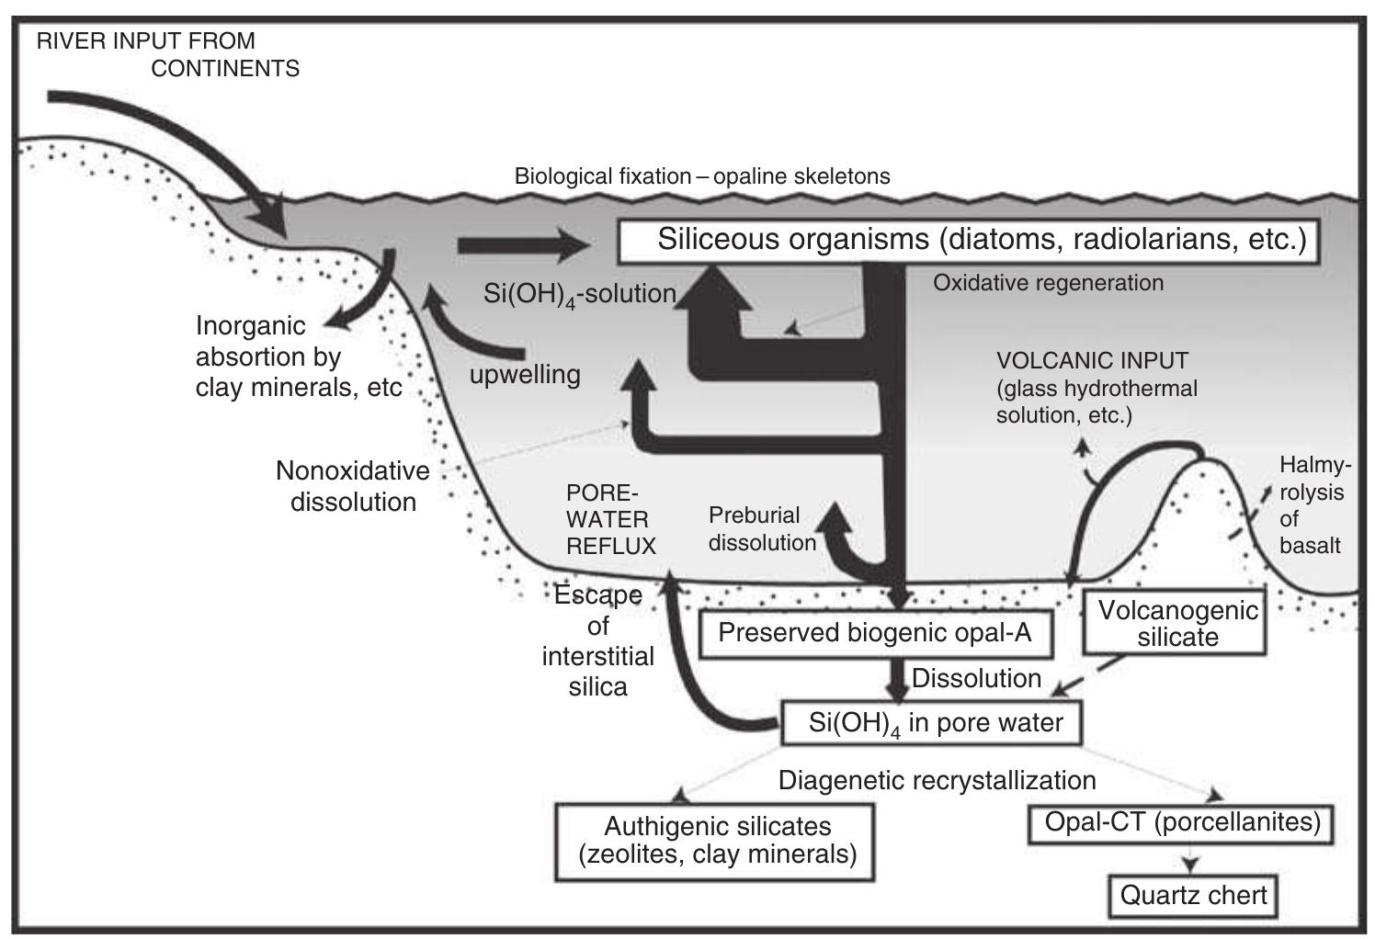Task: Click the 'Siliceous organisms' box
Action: [x=969, y=241]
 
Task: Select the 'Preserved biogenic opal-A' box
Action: [x=875, y=633]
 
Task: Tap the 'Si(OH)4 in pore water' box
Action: [x=930, y=723]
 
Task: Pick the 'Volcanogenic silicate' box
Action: [x=1176, y=624]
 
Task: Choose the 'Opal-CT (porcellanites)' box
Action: [x=1181, y=821]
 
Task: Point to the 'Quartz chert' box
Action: [x=1193, y=894]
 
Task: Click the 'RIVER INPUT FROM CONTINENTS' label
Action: [x=167, y=55]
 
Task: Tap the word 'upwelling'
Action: [x=525, y=375]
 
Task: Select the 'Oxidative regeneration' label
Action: [x=1048, y=283]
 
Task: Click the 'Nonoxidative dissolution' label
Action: [x=353, y=486]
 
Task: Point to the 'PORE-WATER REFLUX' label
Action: [x=610, y=519]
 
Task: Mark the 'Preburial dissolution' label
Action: [x=761, y=529]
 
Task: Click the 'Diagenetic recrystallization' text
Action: [x=937, y=780]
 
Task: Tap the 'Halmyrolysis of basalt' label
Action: [x=1311, y=504]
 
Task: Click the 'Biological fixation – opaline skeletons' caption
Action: [x=702, y=176]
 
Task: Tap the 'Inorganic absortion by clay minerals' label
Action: [x=298, y=356]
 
